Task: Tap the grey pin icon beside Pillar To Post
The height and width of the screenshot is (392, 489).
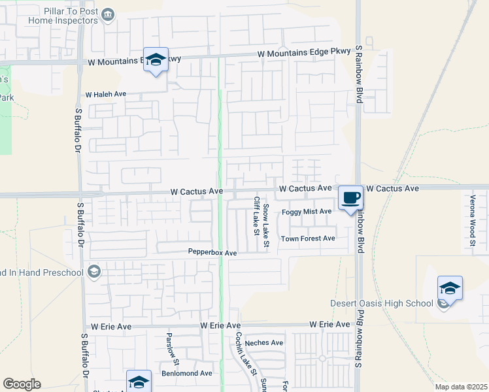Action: pos(109,13)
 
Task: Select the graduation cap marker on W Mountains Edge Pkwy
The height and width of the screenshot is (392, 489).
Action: pos(156,60)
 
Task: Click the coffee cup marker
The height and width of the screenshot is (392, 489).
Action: pos(350,197)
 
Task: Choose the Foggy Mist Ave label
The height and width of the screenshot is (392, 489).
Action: pos(307,212)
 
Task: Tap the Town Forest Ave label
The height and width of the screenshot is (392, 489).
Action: pos(308,238)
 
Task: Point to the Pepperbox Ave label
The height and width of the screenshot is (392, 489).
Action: pos(212,252)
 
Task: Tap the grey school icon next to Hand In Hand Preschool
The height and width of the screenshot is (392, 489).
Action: pos(93,272)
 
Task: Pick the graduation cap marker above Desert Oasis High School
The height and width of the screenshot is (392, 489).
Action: pos(450,287)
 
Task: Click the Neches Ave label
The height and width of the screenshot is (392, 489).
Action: pos(264,342)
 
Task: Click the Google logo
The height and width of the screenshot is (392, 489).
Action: pos(22,384)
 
